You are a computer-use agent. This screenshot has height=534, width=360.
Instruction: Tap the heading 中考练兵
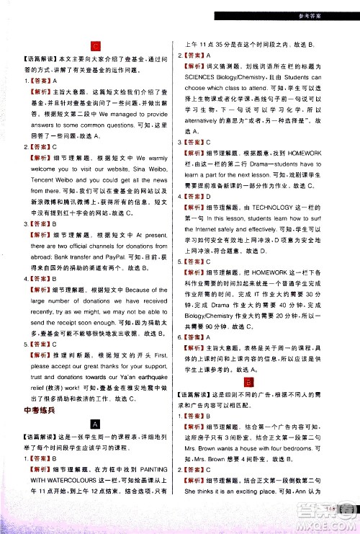tap(32, 411)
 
